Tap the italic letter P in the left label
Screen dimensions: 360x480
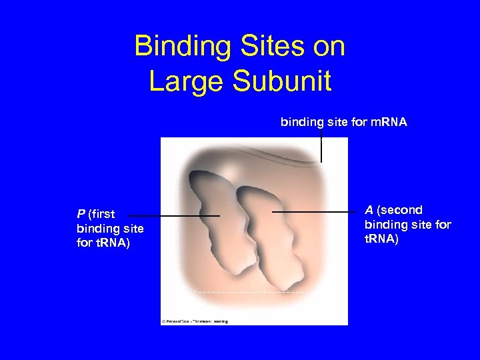(81, 214)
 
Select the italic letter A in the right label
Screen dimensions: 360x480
(369, 211)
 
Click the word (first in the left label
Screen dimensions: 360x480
(102, 214)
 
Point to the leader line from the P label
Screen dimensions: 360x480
(173, 216)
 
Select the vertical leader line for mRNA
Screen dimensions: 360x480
(321, 147)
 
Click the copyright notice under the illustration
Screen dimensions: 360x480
(195, 321)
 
